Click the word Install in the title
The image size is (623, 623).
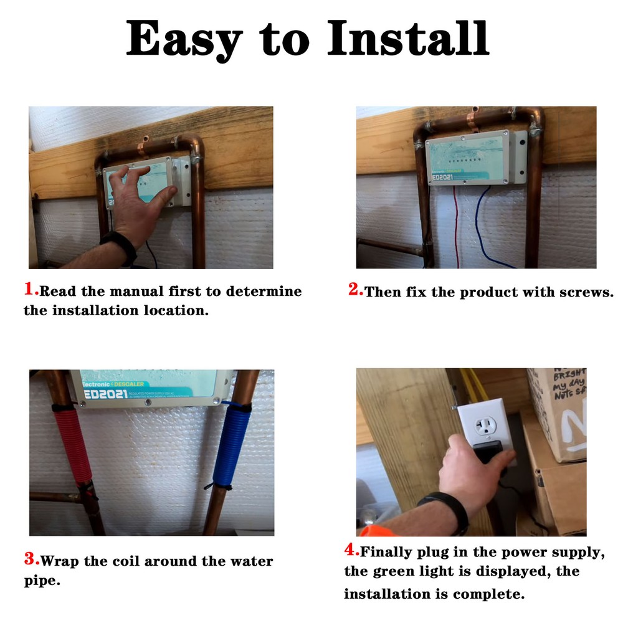point(409,39)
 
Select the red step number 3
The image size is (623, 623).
point(31,559)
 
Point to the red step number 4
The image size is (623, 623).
point(351,550)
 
